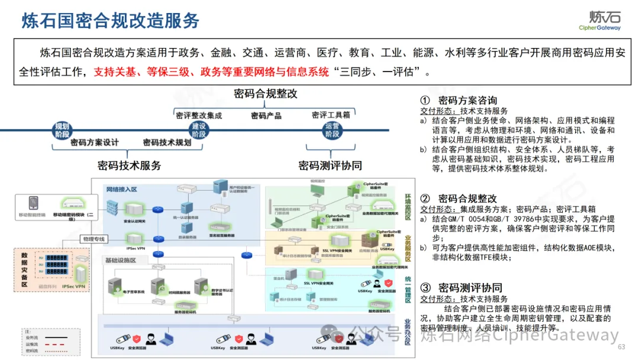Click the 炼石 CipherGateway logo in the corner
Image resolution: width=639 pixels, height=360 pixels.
click(599, 20)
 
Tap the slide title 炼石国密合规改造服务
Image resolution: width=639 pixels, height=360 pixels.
click(111, 20)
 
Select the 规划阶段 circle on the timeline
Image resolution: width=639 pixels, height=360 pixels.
click(62, 130)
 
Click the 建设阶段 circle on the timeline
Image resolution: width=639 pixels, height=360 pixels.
click(199, 130)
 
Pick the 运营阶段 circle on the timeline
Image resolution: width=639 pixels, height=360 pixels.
click(332, 130)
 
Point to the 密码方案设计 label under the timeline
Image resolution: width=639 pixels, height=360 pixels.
click(95, 143)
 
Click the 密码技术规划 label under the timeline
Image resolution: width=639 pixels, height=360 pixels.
click(167, 143)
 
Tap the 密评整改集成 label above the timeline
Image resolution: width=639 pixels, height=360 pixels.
click(199, 115)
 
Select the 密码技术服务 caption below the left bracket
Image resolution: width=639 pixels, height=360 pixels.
click(129, 165)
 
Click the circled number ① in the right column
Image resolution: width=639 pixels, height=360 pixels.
click(425, 101)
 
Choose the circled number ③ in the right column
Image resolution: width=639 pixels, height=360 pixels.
click(425, 288)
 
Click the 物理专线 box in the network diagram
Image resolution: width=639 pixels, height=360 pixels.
click(94, 239)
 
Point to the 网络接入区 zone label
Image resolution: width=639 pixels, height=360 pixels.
click(122, 189)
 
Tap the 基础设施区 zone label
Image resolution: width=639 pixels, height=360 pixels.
click(121, 261)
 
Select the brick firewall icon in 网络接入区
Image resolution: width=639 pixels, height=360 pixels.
click(113, 208)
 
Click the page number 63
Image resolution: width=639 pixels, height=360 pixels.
click(621, 347)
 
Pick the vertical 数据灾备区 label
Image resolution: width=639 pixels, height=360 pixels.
click(25, 269)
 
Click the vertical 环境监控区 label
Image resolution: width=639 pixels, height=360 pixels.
click(408, 207)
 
